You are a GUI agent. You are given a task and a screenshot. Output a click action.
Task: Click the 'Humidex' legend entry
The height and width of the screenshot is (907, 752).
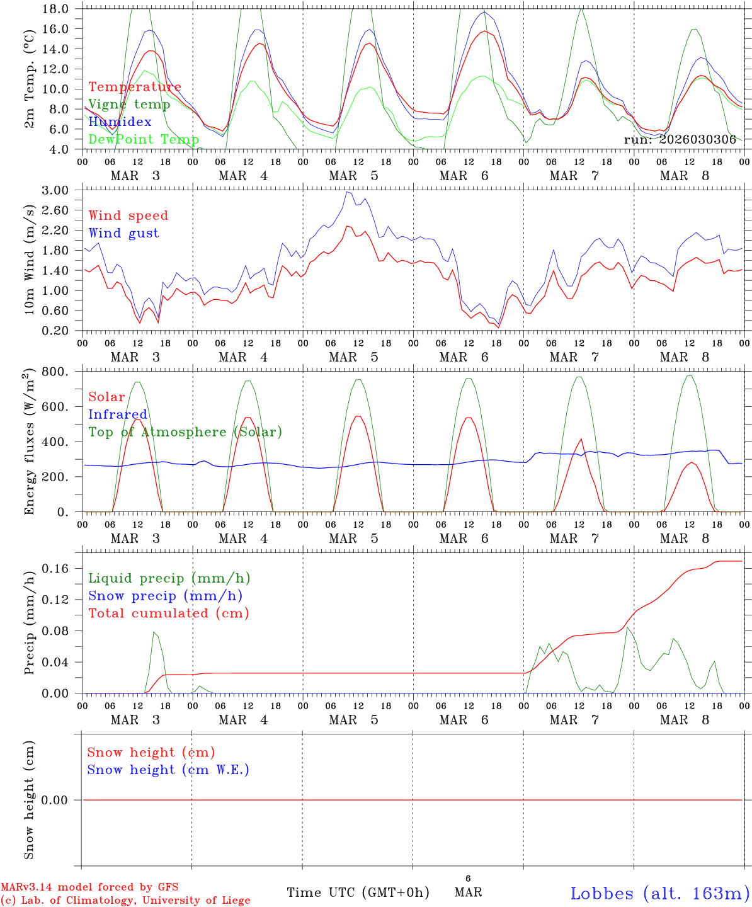point(120,122)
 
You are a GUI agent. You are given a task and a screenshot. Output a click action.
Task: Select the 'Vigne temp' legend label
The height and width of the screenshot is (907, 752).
point(129,104)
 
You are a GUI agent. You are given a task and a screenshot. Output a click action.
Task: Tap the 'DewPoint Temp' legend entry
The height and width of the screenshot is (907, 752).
point(144,139)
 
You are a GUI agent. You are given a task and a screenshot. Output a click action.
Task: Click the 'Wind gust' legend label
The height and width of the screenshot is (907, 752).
point(123,233)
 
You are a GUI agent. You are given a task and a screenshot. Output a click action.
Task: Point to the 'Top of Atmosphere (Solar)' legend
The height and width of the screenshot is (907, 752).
point(185,432)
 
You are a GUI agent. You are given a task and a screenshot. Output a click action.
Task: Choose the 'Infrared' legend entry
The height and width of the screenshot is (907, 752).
point(118,414)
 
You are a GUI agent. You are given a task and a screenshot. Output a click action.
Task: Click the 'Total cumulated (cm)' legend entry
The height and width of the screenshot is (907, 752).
point(168,613)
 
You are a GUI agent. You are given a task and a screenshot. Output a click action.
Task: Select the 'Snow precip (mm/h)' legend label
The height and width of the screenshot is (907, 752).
point(165,596)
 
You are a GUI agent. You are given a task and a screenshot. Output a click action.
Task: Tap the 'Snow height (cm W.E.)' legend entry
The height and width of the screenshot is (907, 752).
point(168,770)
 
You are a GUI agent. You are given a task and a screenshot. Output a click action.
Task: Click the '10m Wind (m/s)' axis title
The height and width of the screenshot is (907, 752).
point(30,259)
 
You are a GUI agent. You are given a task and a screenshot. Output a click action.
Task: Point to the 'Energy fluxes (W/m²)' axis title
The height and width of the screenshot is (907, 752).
point(29,443)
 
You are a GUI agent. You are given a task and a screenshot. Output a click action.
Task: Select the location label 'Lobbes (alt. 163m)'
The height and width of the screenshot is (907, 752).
point(659,893)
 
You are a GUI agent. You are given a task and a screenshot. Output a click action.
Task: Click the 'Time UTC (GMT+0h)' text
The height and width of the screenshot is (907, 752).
point(358,893)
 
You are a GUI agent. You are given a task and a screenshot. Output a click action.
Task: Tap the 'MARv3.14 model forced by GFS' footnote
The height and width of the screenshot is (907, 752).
point(76,887)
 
